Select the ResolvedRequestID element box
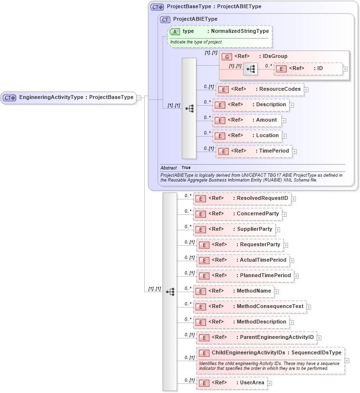click(242, 198)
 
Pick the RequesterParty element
click(240, 245)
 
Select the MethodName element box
click(234, 291)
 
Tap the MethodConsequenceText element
click(250, 307)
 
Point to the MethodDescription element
click(241, 322)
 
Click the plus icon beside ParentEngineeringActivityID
click(319, 338)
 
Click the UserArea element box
click(232, 383)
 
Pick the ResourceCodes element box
click(259, 89)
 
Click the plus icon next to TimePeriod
click(294, 152)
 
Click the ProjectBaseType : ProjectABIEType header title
click(214, 7)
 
